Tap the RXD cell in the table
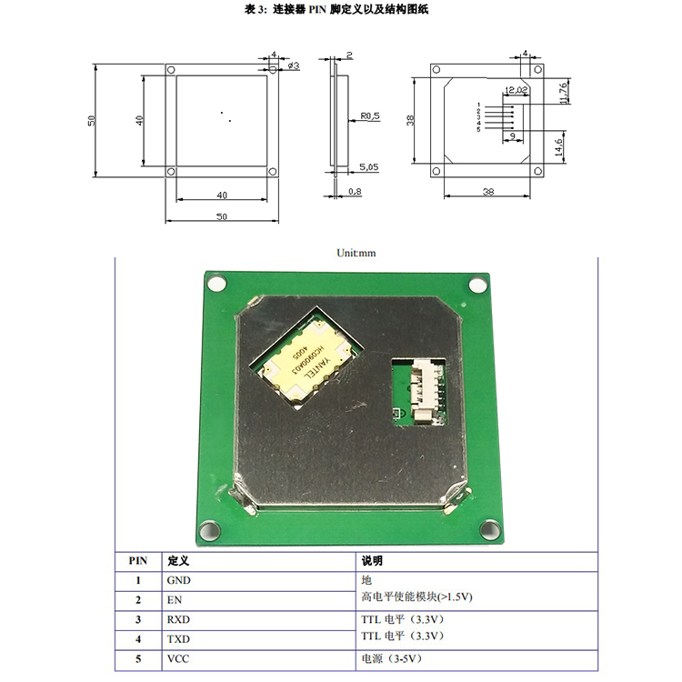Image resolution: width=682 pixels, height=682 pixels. click(178, 619)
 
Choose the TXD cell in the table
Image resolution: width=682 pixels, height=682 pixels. click(178, 639)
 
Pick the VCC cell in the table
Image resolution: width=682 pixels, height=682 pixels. click(178, 659)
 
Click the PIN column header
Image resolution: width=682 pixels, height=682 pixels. click(137, 561)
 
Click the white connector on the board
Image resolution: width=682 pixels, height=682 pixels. click(423, 390)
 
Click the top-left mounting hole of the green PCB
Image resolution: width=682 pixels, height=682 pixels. click(216, 284)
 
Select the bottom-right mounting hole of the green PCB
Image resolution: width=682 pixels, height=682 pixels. click(489, 528)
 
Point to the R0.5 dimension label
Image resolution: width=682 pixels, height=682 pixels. click(370, 116)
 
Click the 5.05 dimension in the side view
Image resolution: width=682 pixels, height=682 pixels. click(369, 167)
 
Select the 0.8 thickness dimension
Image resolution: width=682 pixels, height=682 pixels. click(355, 192)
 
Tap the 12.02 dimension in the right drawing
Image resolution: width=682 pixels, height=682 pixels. click(515, 89)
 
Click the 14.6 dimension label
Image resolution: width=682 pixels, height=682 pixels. click(559, 143)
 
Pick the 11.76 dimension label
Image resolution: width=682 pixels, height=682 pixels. click(564, 93)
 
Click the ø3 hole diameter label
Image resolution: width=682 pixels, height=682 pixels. click(294, 65)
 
